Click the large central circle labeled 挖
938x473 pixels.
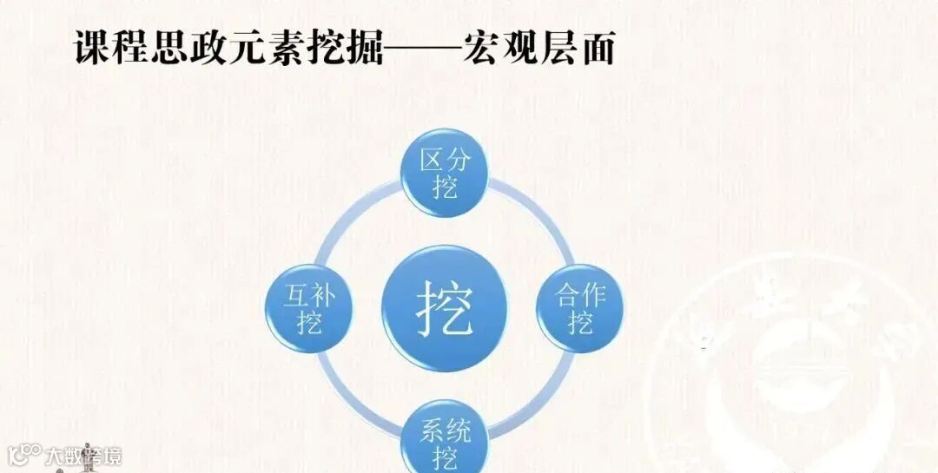[444, 306]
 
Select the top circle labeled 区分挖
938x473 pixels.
[444, 173]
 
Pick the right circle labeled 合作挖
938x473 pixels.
[579, 307]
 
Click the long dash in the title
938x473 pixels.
[423, 50]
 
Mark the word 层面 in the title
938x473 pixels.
[578, 49]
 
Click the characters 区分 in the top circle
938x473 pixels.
[444, 161]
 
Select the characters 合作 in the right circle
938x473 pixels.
[579, 295]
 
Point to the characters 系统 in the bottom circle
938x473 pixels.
[444, 430]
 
